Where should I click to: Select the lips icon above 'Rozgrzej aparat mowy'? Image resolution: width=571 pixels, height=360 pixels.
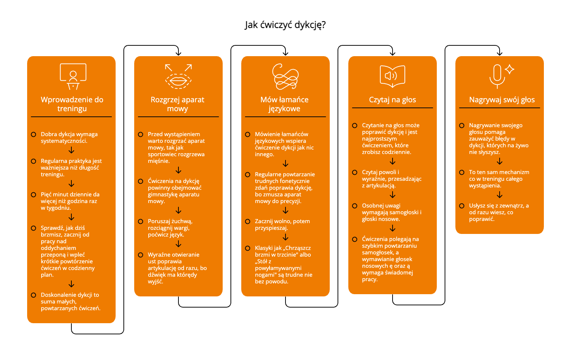[178, 77]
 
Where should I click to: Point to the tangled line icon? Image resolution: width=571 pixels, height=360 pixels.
[285, 77]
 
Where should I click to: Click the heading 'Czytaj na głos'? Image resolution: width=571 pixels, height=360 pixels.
[392, 100]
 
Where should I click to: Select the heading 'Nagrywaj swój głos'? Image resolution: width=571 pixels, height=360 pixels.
[502, 100]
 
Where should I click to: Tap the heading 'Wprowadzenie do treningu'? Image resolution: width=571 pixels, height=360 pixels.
[72, 104]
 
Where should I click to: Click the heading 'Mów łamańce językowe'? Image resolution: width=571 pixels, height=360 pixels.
[284, 104]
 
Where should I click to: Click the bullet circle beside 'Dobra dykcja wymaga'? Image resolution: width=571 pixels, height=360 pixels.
[33, 134]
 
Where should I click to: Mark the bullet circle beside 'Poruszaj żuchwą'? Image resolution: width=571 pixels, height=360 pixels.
[141, 221]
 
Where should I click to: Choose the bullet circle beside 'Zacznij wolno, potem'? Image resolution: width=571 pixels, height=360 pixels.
[248, 221]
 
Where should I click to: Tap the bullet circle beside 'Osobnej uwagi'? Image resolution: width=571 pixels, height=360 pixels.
[355, 206]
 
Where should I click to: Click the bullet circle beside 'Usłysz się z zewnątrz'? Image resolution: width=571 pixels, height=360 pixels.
[462, 206]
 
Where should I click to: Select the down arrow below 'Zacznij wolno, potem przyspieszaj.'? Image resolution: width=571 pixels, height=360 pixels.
[285, 237]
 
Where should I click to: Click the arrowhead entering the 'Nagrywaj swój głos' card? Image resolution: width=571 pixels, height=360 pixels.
[500, 53]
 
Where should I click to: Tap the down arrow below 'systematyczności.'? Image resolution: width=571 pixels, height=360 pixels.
[71, 150]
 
